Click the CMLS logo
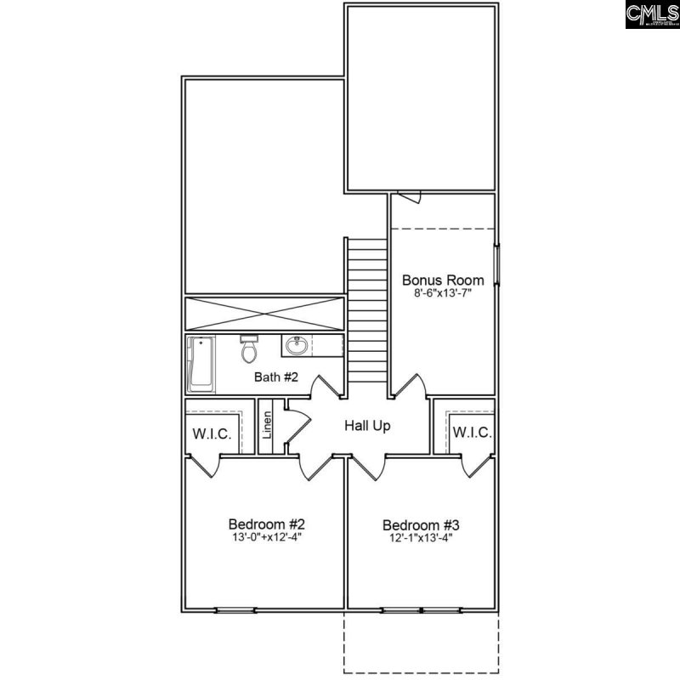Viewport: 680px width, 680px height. pyautogui.click(x=652, y=14)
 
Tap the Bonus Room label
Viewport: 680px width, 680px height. pyautogui.click(x=443, y=280)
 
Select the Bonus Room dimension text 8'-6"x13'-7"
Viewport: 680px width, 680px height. pyautogui.click(x=443, y=293)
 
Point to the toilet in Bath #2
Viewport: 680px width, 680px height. pyautogui.click(x=249, y=348)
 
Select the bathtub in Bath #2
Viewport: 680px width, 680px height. pyautogui.click(x=201, y=363)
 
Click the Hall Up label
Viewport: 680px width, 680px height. pyautogui.click(x=367, y=425)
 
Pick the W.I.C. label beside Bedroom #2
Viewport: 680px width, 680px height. pyautogui.click(x=212, y=433)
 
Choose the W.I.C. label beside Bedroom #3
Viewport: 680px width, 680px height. pyautogui.click(x=472, y=433)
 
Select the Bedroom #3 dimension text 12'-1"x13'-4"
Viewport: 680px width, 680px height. pyautogui.click(x=421, y=538)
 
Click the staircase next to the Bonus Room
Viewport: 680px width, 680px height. pyautogui.click(x=367, y=314)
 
